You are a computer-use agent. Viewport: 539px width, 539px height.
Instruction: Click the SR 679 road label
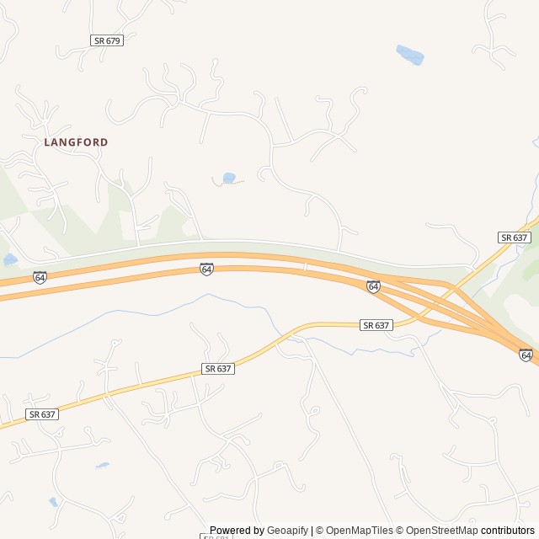point(107,40)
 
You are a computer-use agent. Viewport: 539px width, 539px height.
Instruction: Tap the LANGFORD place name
point(77,142)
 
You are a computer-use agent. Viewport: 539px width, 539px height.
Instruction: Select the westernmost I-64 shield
point(40,277)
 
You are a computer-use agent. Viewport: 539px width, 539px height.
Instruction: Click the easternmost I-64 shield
point(526,355)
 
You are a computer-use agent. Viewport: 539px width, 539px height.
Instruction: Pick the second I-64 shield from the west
point(206,269)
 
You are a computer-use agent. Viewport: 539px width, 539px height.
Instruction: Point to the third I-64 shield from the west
point(373,286)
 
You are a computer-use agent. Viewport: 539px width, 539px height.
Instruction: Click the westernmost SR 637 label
point(42,414)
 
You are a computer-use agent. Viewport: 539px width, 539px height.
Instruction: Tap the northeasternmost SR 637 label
point(514,237)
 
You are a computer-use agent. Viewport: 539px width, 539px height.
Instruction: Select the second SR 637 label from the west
point(218,369)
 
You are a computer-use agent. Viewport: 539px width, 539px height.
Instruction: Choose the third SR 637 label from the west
point(376,325)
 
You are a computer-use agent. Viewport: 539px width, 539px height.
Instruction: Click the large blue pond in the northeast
point(410,55)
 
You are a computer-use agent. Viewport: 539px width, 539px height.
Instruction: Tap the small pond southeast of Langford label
point(228,178)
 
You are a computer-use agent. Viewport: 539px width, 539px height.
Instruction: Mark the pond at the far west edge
point(9,259)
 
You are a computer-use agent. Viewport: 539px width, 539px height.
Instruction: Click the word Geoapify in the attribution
point(287,531)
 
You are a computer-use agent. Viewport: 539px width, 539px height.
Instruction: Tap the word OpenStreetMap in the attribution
point(442,531)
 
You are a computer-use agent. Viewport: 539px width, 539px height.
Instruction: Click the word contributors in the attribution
point(508,531)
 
